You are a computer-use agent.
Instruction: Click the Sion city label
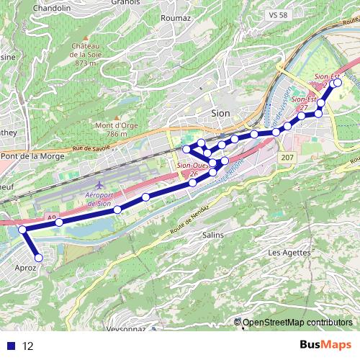point(221,112)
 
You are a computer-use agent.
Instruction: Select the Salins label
point(213,235)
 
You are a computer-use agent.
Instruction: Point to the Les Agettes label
point(289,253)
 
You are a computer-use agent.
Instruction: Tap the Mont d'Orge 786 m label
point(112,129)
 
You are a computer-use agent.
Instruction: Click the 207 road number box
point(287,157)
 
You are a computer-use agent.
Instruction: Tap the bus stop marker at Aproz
point(39,257)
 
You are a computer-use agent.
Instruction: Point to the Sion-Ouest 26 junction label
point(189,169)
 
